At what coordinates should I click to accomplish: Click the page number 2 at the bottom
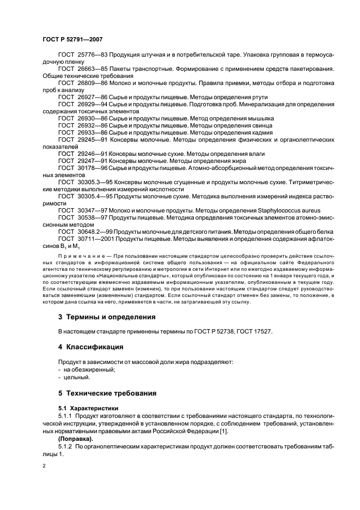[44, 466]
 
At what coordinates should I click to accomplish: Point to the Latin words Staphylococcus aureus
[289, 210]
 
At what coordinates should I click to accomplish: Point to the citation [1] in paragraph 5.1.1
[225, 431]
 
